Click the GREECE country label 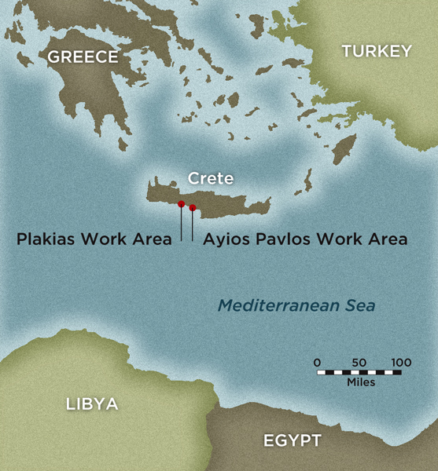83,57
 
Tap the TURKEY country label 376,51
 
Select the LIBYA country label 92,404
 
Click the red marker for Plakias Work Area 182,204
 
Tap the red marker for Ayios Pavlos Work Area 193,208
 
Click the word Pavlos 278,239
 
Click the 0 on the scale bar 317,362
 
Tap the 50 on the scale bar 359,362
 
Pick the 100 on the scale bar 401,362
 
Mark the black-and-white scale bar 359,372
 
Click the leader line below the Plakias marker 182,224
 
